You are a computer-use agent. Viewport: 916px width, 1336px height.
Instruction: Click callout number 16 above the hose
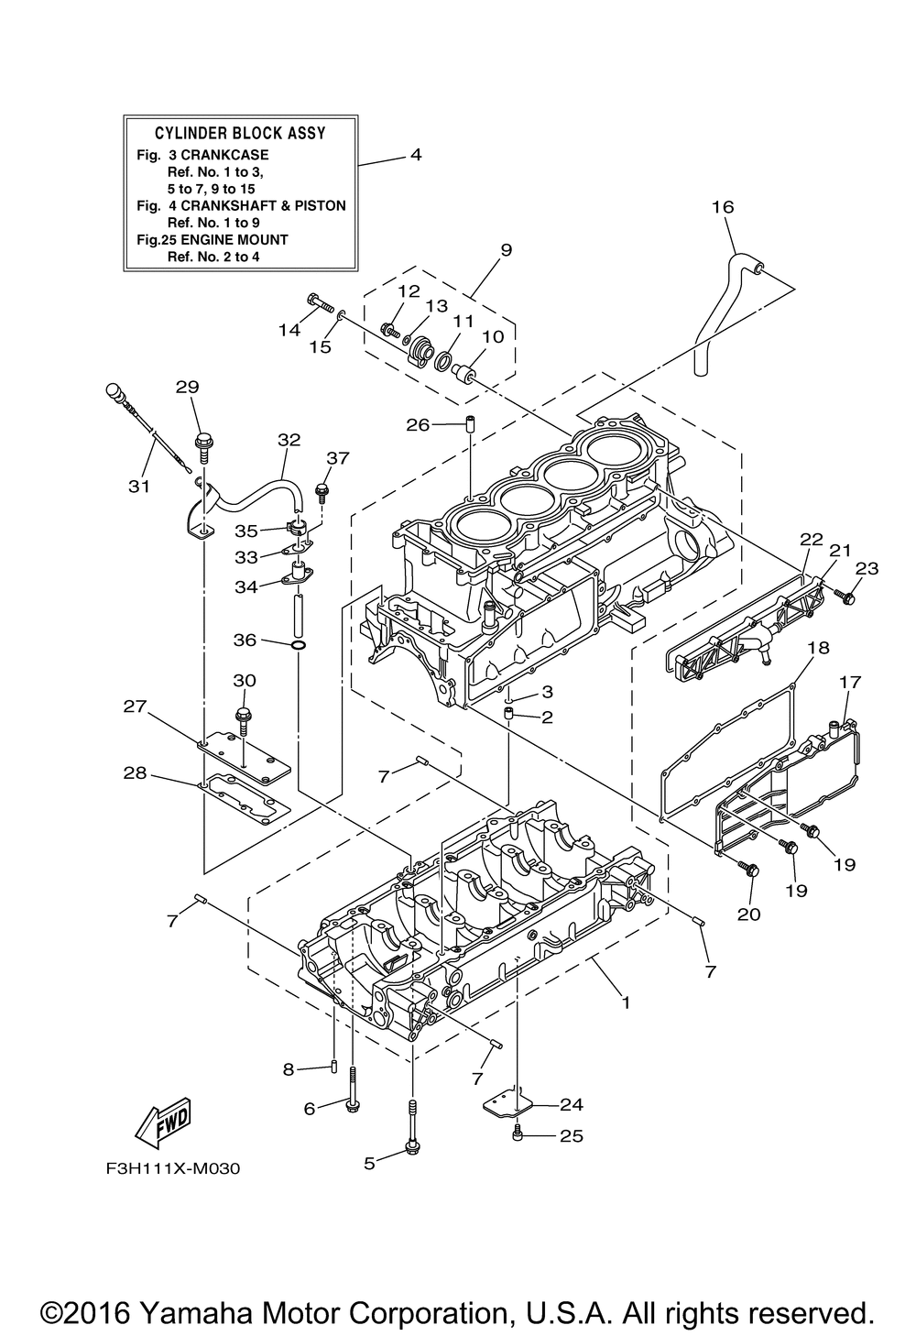[x=723, y=207]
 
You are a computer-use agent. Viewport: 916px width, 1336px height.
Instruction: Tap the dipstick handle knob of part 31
[x=114, y=392]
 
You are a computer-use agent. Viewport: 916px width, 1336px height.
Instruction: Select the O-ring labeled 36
[x=300, y=645]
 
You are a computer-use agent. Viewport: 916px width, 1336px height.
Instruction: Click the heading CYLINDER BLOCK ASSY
[x=240, y=133]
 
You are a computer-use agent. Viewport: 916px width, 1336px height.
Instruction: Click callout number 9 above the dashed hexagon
[x=506, y=249]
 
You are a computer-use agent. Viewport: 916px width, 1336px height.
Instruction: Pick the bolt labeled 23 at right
[x=844, y=596]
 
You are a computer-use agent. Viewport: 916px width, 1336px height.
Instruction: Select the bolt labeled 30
[x=244, y=720]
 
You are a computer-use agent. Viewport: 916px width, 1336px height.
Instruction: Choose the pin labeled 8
[x=334, y=1065]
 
